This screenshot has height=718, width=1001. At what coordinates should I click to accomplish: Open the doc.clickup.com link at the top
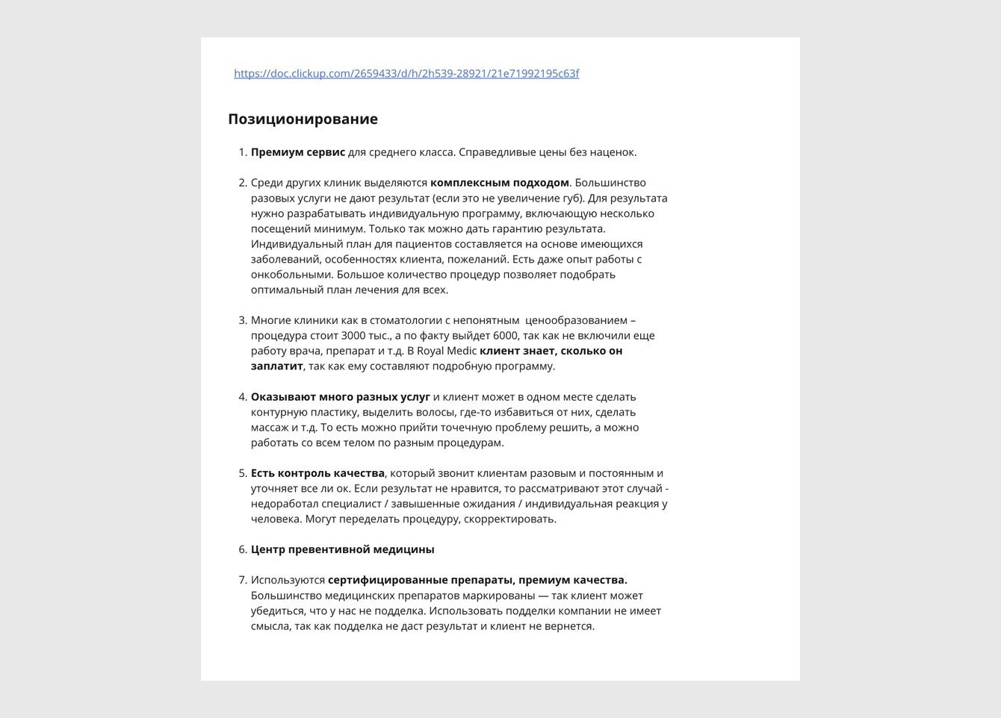406,73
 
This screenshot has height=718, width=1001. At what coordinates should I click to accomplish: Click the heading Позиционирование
303,119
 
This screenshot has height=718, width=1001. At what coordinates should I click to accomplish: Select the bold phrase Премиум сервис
298,152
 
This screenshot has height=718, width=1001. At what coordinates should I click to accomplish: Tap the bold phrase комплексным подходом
499,183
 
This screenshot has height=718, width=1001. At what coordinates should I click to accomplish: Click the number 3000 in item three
355,336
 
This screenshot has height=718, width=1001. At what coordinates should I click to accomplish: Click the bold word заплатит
276,366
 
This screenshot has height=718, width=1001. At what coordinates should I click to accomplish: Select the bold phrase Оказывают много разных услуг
340,397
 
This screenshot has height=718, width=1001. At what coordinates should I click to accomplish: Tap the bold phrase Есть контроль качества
317,473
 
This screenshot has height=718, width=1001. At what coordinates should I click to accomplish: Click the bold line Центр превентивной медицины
342,549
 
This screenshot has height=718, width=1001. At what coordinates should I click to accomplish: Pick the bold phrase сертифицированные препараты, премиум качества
477,580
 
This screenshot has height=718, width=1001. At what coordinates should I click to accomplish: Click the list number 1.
242,152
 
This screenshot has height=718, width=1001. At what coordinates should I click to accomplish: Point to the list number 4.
242,397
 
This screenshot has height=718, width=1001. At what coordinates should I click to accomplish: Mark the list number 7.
242,580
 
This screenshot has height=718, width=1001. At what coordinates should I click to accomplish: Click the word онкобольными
291,275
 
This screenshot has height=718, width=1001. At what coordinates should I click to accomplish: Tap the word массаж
270,428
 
